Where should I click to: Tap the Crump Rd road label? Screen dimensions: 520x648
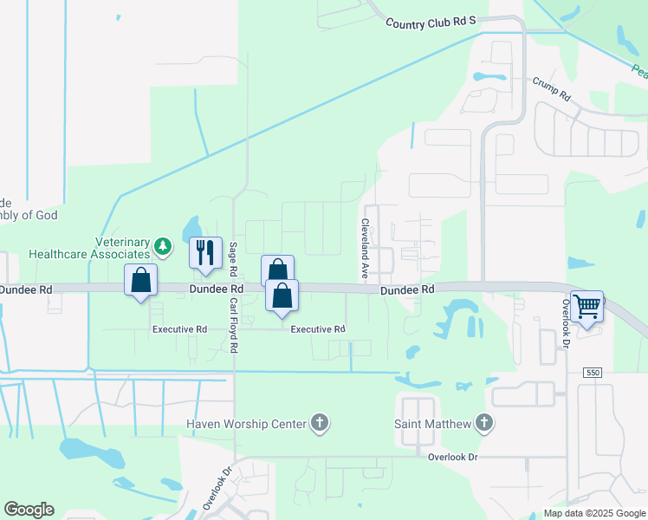tap(551, 88)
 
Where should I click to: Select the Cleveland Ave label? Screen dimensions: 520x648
tap(365, 248)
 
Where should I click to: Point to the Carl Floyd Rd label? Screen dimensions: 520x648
tap(233, 322)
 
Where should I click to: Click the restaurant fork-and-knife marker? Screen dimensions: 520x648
tap(206, 252)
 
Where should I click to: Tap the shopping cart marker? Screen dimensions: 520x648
tap(587, 306)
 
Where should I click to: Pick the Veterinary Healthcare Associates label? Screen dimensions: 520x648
tap(89, 248)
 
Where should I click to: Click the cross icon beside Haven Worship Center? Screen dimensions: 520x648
tap(320, 423)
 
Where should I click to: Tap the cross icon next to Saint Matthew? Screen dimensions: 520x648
tap(483, 423)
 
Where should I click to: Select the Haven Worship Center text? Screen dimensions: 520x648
tap(247, 424)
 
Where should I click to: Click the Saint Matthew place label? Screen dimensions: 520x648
tap(432, 424)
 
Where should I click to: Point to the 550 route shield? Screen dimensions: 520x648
tap(593, 372)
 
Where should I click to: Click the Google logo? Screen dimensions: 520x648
tap(29, 510)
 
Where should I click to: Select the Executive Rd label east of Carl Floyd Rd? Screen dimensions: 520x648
tap(318, 329)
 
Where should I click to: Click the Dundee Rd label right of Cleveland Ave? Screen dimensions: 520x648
tap(406, 289)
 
